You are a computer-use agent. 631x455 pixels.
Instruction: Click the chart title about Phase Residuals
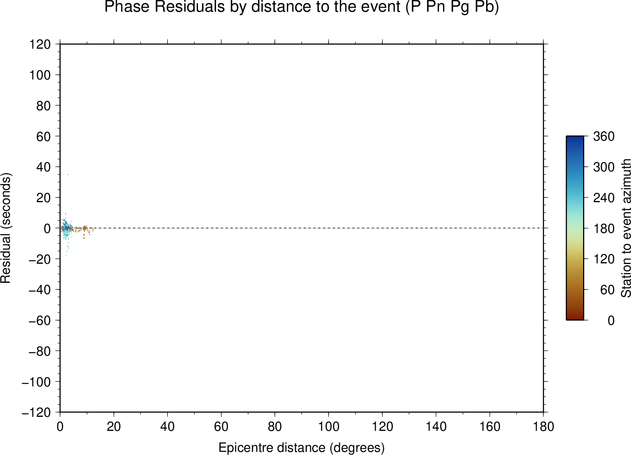[301, 7]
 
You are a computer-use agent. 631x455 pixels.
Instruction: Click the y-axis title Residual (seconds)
[5, 228]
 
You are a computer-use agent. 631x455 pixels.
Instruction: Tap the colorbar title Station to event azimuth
[626, 228]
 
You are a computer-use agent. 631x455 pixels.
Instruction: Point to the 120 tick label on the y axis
[40, 44]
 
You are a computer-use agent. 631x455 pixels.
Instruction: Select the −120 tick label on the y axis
[36, 413]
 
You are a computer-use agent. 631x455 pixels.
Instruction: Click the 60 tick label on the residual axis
[43, 136]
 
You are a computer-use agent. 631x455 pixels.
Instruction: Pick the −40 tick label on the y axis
[40, 289]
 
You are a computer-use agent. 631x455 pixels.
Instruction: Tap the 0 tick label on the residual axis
[47, 228]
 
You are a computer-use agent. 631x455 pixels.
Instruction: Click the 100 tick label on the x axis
[329, 427]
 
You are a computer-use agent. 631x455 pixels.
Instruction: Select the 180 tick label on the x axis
[543, 427]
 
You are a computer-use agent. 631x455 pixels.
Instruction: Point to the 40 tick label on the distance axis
[167, 427]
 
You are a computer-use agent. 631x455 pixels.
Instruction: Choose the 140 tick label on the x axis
[436, 427]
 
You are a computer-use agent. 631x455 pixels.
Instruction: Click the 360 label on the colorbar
[604, 136]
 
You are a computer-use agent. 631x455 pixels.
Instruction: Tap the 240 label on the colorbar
[604, 198]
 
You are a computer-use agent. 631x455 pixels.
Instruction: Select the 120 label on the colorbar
[604, 259]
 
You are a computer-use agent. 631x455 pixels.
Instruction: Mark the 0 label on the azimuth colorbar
[611, 321]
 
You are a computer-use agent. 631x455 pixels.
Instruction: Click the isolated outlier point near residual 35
[67, 175]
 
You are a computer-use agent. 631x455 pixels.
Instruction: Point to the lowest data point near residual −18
[65, 256]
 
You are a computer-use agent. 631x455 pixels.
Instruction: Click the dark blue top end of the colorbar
[574, 137]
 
